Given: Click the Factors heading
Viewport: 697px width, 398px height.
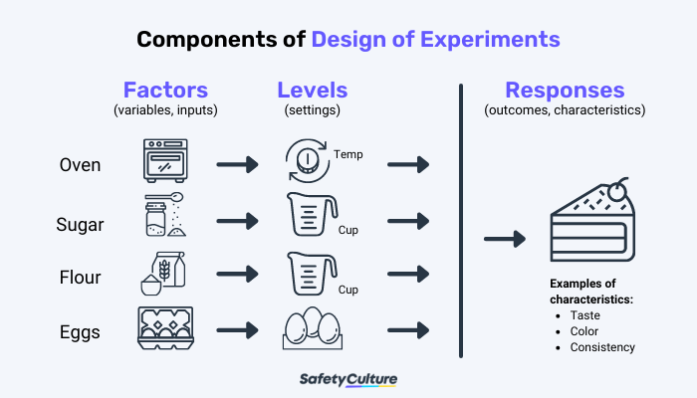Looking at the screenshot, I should click(165, 90).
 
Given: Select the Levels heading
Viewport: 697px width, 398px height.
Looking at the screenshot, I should click(313, 90).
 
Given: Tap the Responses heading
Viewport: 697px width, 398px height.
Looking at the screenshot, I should click(565, 90).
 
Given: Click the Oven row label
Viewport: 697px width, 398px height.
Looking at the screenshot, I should click(80, 164).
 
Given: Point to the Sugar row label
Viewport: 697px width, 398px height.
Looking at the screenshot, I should click(81, 224).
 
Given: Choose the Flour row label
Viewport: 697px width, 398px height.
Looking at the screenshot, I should click(81, 278).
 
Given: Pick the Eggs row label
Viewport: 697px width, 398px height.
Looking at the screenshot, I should click(80, 331).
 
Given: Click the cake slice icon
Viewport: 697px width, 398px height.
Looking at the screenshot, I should click(591, 225).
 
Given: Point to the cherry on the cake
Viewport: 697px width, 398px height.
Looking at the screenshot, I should click(621, 186).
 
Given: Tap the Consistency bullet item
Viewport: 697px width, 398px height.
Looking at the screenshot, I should click(602, 347).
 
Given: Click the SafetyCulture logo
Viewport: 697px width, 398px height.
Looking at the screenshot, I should click(348, 379).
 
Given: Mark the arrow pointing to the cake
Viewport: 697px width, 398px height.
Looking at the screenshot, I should click(505, 239).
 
